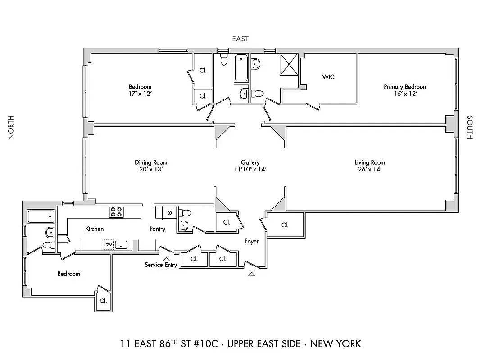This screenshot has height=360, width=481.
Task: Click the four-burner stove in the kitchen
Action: pos(116,211)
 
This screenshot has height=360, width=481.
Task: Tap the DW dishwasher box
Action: pos(109,245)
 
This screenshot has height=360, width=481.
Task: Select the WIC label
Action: pos(328,77)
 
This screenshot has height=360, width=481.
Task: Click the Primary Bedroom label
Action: pos(405,87)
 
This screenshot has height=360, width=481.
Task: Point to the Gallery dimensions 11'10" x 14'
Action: pos(250,170)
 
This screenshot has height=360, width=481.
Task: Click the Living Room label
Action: pos(370,162)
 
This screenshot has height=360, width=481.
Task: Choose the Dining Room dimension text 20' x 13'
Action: pos(151,170)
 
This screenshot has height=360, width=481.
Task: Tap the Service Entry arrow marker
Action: pos(166,259)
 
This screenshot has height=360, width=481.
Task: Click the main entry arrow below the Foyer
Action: pos(251,273)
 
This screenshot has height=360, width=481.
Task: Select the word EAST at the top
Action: pos(240,39)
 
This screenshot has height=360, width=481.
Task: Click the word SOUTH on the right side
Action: pos(470,127)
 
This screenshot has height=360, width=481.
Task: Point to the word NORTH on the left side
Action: pos(11,127)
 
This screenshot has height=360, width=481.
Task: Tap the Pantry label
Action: pos(157,229)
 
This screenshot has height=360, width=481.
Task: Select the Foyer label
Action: pos(251,242)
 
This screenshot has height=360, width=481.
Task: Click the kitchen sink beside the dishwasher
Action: pos(122,245)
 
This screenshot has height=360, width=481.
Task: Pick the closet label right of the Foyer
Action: pos(285,225)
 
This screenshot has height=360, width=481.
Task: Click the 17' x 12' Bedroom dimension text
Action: pos(140,94)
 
